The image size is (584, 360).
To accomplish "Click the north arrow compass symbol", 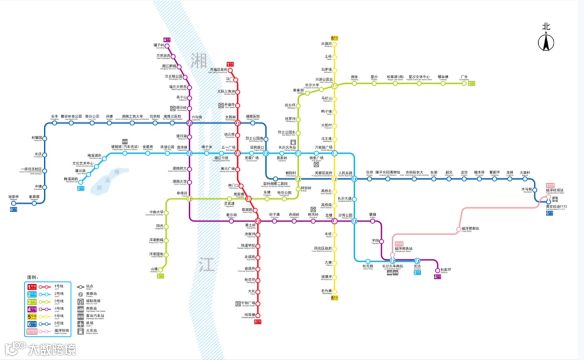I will click(547, 41).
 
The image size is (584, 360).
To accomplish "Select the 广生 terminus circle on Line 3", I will click(464, 83).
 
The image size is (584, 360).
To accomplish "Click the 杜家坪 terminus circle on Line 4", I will click(437, 270).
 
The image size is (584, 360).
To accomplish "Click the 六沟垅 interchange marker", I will click(190, 123).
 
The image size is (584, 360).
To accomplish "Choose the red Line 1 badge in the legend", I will click(32, 286).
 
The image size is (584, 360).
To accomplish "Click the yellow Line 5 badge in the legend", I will click(32, 316).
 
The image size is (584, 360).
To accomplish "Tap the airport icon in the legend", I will click(81, 323).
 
